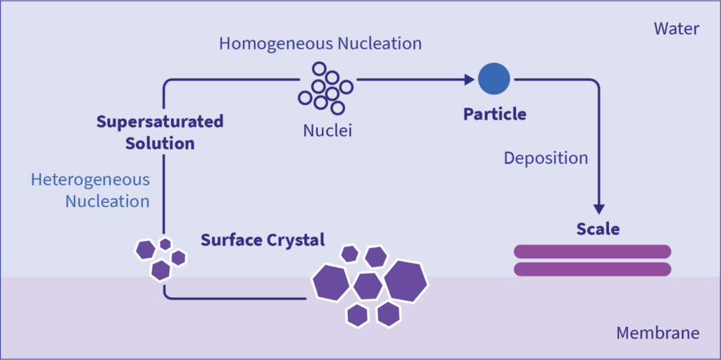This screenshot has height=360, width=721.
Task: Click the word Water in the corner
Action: pos(676,29)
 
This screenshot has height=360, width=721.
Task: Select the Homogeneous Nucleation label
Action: pos(320,44)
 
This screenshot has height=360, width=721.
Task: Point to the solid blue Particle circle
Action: pos(494,79)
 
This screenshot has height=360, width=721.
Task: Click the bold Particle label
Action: pos(494,114)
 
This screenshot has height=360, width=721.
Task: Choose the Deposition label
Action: pos(546,158)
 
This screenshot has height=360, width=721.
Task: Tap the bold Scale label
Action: pos(598,229)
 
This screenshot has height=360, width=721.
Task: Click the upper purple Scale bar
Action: pos(592,252)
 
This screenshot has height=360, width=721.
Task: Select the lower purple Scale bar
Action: pos(592,269)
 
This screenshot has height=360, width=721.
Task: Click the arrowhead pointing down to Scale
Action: pos(598,209)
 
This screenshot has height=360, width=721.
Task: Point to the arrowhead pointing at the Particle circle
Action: pos(470,80)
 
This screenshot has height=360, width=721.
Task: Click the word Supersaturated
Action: pos(160,122)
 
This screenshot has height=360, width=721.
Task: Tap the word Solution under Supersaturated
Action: pos(160,144)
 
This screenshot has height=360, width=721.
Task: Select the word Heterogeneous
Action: pos(90,180)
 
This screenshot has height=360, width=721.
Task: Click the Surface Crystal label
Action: pos(263,240)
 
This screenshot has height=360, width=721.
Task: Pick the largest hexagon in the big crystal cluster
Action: pos(406,280)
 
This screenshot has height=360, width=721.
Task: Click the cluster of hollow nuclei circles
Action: pos(325,87)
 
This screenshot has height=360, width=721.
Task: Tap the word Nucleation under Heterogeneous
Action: pos(107,201)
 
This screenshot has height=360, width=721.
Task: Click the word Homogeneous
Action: pos(274,44)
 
